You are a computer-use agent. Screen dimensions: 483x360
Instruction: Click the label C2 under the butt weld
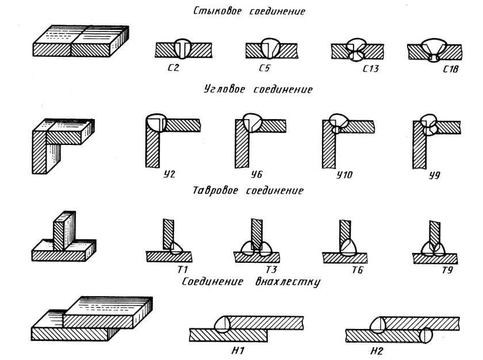pyautogui.click(x=174, y=67)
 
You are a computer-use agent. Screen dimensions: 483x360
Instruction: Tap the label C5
pyautogui.click(x=264, y=67)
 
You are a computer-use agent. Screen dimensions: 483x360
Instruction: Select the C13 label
pyautogui.click(x=370, y=68)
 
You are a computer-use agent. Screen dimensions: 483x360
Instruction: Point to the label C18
pyautogui.click(x=451, y=68)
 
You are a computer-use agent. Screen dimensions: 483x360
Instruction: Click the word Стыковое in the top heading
pyautogui.click(x=217, y=11)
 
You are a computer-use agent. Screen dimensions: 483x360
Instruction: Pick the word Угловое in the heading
pyautogui.click(x=225, y=89)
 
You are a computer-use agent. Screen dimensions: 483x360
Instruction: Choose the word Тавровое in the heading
pyautogui.click(x=215, y=190)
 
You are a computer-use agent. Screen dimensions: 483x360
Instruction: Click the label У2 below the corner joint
pyautogui.click(x=170, y=174)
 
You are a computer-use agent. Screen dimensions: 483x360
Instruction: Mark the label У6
pyautogui.click(x=256, y=175)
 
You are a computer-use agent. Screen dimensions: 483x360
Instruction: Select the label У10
pyautogui.click(x=344, y=175)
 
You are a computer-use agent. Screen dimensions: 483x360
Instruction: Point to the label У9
pyautogui.click(x=435, y=175)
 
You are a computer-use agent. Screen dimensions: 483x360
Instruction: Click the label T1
pyautogui.click(x=182, y=270)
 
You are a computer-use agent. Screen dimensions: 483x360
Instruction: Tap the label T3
pyautogui.click(x=271, y=270)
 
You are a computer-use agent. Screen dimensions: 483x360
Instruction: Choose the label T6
pyautogui.click(x=357, y=270)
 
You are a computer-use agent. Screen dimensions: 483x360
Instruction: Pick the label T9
pyautogui.click(x=447, y=270)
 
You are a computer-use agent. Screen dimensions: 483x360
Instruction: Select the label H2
pyautogui.click(x=377, y=351)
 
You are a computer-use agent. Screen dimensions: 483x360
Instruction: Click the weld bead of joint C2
pyautogui.click(x=183, y=49)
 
